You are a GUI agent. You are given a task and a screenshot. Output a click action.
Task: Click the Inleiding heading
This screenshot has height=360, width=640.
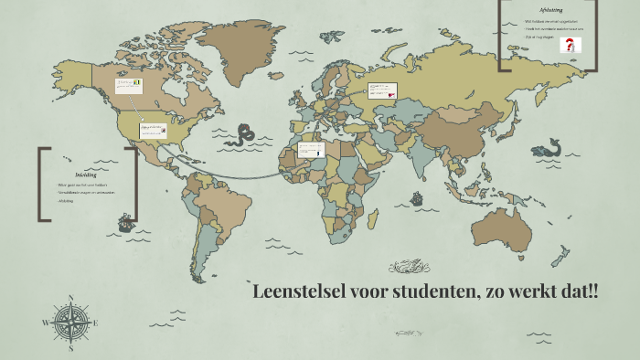(85, 174)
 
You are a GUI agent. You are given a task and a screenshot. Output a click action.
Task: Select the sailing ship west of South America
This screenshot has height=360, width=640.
(123, 222)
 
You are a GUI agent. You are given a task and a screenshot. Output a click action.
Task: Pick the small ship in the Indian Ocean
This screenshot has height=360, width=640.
(417, 197)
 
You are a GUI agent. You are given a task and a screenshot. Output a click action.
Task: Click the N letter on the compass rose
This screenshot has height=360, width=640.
(70, 298)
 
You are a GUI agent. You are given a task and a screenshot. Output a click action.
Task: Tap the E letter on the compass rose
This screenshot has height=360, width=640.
(95, 323)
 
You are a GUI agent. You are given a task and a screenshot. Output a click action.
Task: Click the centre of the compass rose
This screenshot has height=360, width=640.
(70, 323)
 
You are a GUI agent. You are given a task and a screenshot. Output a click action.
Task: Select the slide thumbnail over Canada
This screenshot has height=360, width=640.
(127, 85)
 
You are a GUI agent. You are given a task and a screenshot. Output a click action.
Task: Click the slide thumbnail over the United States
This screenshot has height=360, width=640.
(151, 130)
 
